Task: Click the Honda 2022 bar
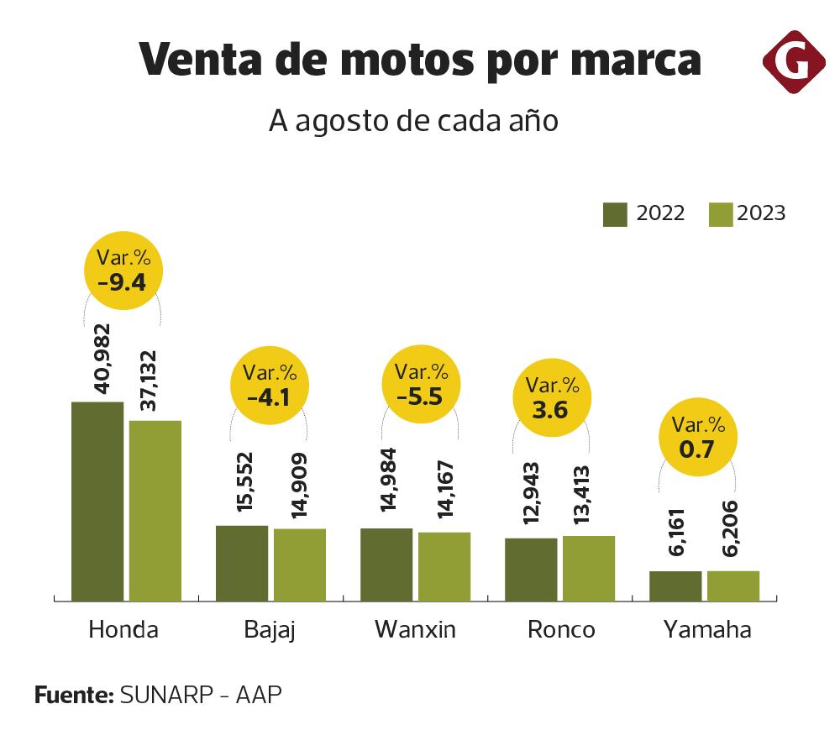click(97, 501)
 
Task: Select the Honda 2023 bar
click(155, 510)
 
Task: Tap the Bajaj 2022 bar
click(242, 563)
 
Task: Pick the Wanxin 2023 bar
click(444, 566)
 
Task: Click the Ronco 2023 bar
click(589, 568)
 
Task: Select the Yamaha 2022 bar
click(675, 586)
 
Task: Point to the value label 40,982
click(102, 358)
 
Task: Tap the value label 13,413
click(588, 496)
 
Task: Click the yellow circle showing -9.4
click(123, 270)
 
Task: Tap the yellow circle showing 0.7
click(696, 437)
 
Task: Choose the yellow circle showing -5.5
click(421, 384)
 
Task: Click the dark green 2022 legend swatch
click(615, 214)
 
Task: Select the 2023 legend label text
click(761, 214)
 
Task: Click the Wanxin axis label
click(415, 629)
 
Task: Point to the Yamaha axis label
click(706, 630)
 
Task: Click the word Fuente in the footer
click(73, 695)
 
